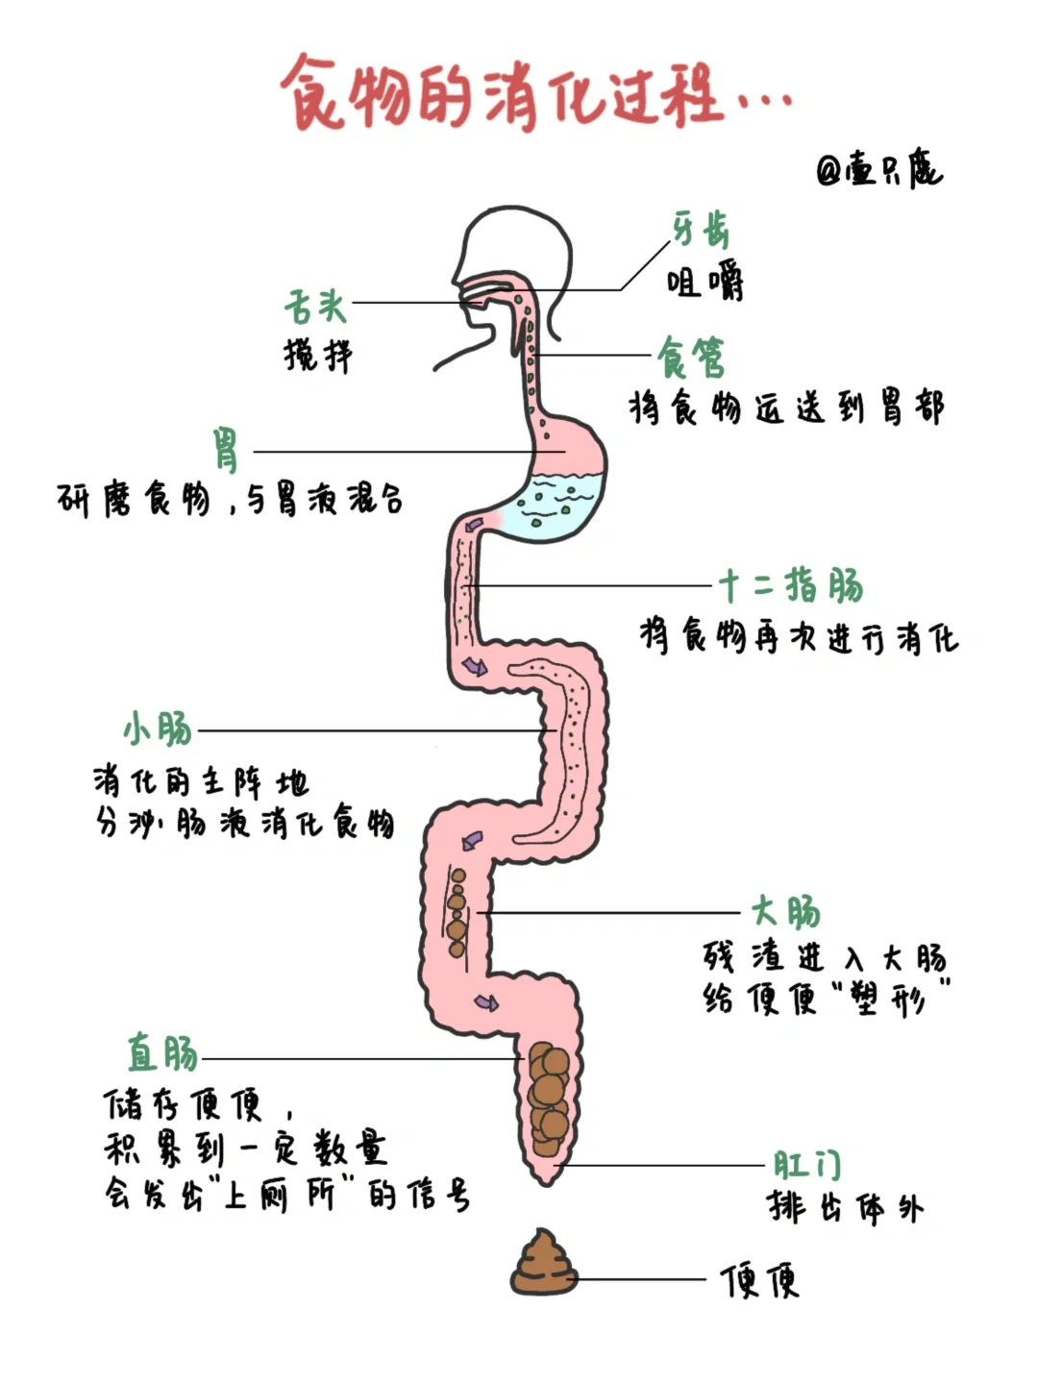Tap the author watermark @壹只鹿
pos(878,169)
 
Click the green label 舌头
pos(314,307)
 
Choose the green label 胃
pos(227,450)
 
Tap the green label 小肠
pos(158,729)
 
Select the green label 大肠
pos(786,911)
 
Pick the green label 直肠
pos(163,1053)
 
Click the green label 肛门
pos(807,1165)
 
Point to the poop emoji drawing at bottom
pos(543,1263)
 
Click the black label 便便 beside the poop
pos(760,1280)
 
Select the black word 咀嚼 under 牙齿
pos(704,283)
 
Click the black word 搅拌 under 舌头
pos(318,356)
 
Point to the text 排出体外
pos(845,1207)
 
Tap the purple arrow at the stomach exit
pos(475,524)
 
